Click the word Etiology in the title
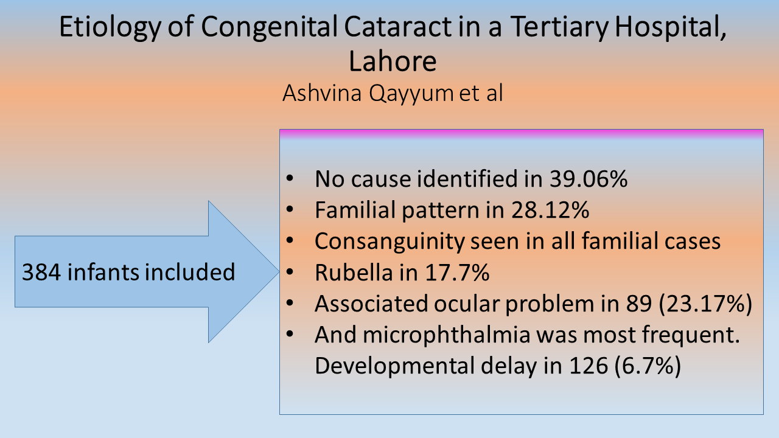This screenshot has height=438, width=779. coord(110,27)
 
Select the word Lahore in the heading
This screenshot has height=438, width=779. coord(393,61)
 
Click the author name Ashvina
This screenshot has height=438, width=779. coord(322,93)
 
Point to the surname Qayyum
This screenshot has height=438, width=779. coord(411,94)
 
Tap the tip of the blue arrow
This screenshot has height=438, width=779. coord(279,271)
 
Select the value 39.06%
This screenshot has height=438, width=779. coord(589,179)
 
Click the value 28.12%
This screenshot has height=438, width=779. coord(550,210)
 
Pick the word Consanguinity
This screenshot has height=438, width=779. coord(389,242)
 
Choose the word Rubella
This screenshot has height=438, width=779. coord(354,272)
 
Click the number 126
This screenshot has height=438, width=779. coord(589,366)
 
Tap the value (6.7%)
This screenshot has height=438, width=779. coord(648,366)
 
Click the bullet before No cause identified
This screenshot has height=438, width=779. coord(290,178)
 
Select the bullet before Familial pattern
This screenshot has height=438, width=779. coord(290,209)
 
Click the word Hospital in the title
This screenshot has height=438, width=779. coord(671,27)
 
